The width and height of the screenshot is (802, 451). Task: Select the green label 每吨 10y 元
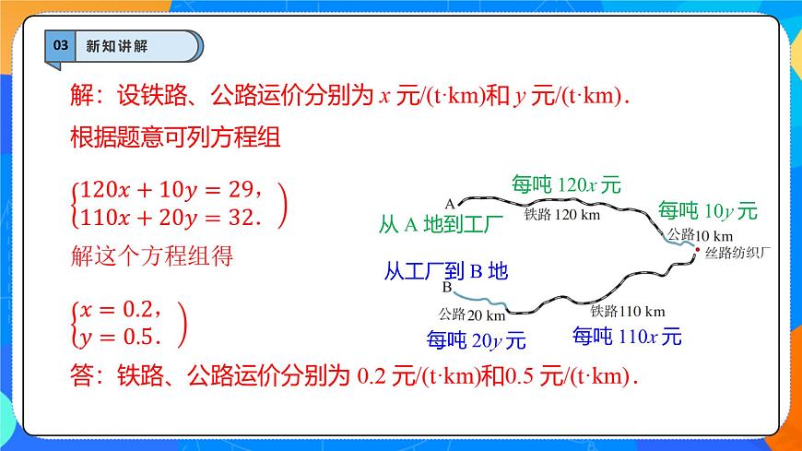707,211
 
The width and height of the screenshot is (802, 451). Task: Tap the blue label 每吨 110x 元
627,337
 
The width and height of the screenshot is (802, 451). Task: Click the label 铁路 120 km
561,215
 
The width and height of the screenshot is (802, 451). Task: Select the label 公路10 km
700,234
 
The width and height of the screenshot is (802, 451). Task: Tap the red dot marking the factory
698,250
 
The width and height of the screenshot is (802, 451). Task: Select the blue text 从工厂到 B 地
445,271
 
